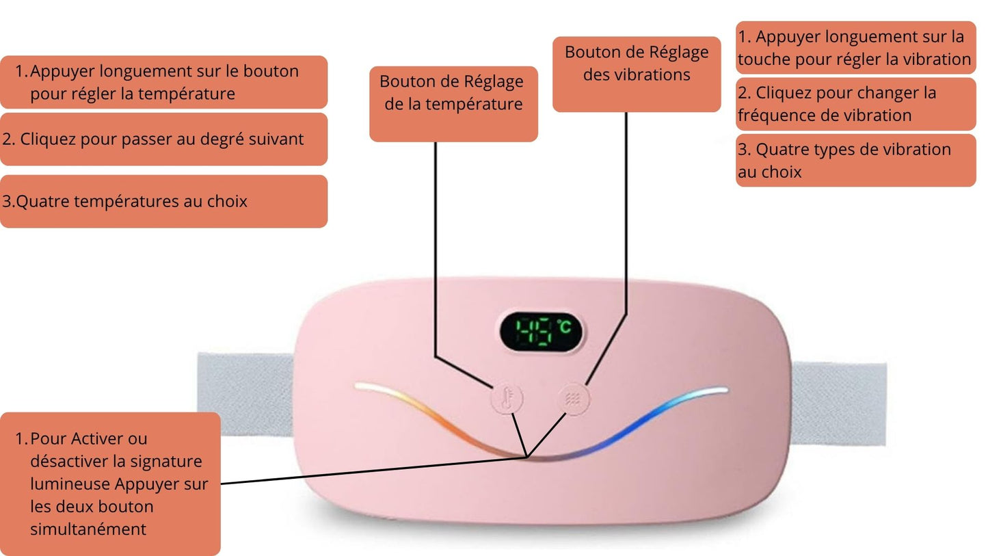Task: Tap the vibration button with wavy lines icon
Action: (x=573, y=399)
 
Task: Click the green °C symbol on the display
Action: (x=564, y=327)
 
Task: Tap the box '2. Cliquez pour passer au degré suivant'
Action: (x=163, y=140)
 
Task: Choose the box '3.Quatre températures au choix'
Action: (x=163, y=201)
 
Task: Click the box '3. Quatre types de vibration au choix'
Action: (x=855, y=161)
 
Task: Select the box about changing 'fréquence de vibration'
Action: (x=855, y=104)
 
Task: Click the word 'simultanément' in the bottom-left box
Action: (x=88, y=529)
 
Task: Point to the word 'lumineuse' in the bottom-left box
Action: (x=70, y=484)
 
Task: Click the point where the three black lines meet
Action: (x=526, y=456)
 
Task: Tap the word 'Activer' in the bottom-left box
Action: (x=99, y=438)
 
